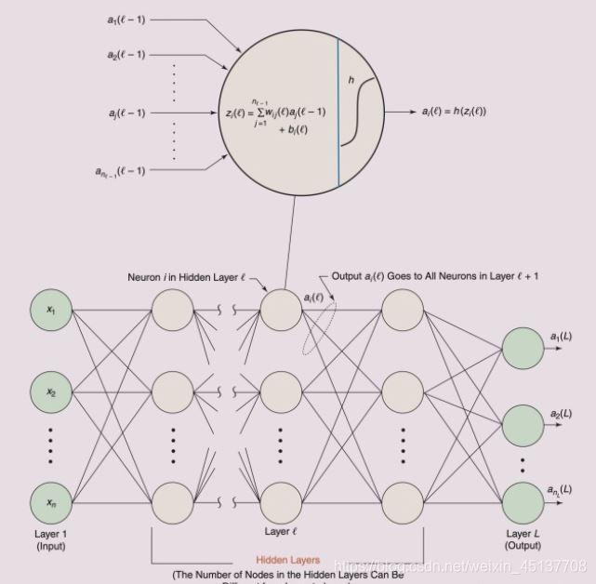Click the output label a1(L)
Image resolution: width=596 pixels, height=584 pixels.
[561, 336]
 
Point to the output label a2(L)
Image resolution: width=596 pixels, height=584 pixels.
[561, 413]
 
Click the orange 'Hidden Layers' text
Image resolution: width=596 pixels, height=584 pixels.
[288, 560]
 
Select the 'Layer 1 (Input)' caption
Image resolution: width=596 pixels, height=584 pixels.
[52, 540]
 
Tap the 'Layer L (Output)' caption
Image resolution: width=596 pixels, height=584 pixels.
[522, 540]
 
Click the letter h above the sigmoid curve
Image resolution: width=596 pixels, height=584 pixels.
[351, 82]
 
